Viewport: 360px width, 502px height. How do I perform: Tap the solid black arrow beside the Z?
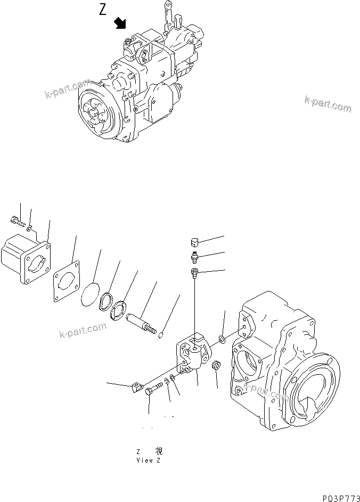tap(121, 23)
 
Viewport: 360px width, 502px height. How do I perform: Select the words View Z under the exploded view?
tap(148, 460)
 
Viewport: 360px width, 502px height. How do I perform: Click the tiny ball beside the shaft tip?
tap(163, 335)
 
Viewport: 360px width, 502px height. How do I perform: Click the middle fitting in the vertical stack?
tap(194, 258)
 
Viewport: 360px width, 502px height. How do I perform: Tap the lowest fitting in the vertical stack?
tap(194, 274)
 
